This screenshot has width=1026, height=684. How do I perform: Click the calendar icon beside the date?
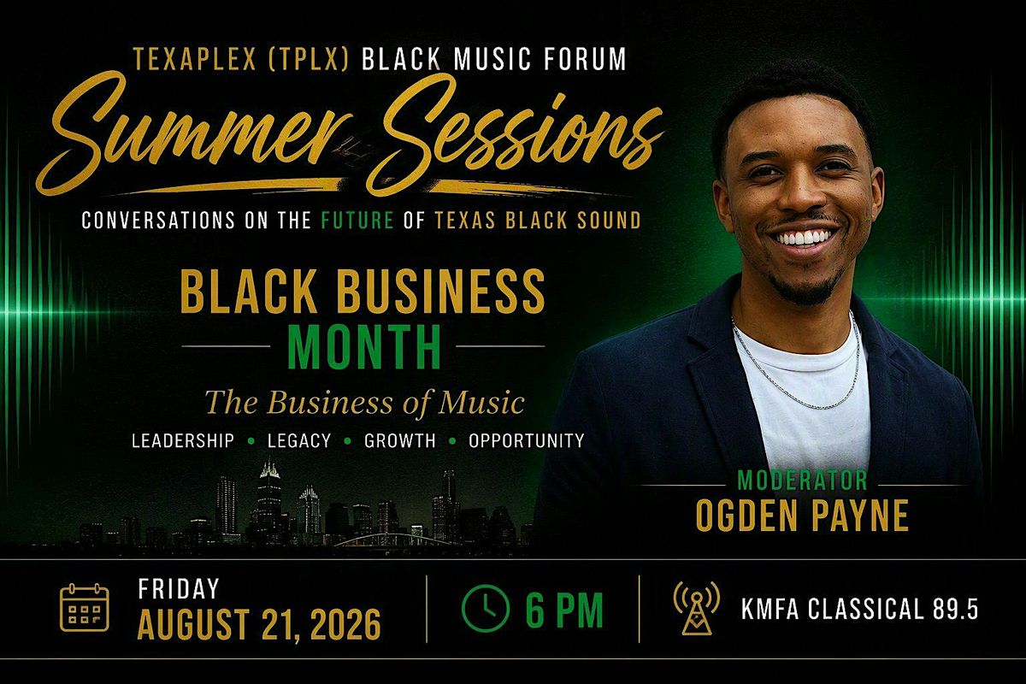(85, 608)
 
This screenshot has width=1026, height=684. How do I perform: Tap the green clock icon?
(486, 609)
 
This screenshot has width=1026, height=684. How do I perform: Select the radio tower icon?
(697, 608)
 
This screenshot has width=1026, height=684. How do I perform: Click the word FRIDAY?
(179, 589)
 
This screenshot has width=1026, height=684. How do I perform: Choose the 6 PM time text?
(564, 610)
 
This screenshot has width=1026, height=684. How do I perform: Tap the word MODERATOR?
(803, 481)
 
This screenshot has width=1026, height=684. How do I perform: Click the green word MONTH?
(364, 347)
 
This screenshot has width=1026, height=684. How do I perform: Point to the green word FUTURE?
(357, 221)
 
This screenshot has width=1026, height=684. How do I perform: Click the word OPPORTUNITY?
(527, 440)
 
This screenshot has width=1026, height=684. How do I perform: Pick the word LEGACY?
(299, 440)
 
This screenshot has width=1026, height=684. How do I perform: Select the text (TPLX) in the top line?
(310, 59)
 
